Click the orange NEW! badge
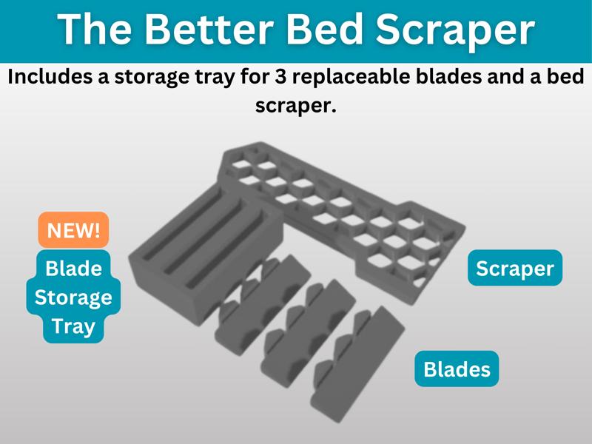(73, 230)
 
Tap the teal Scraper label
(514, 268)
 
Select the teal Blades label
(457, 368)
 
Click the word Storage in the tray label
(73, 297)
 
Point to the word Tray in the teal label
(73, 326)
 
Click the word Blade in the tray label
(73, 268)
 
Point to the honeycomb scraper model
(348, 207)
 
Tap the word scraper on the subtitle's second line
(295, 106)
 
